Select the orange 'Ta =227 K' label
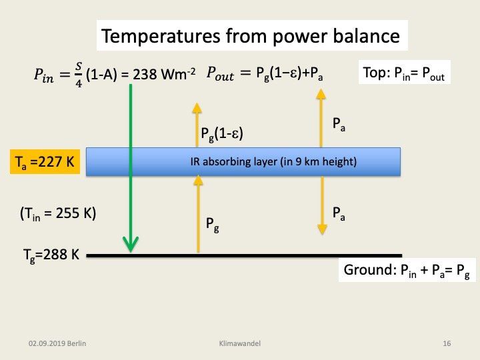45,163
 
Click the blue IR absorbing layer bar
243,161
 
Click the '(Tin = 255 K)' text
58,214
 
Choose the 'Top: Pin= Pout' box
405,73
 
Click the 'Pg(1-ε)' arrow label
222,134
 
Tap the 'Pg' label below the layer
210,225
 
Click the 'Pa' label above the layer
339,124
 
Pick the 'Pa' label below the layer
339,213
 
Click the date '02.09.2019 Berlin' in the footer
58,343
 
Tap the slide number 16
447,343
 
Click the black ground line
267,255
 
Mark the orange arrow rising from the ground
198,220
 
